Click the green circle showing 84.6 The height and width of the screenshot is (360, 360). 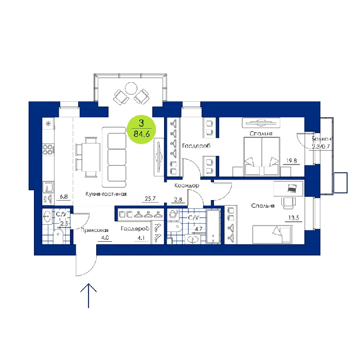[141, 130]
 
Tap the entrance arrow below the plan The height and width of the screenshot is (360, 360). [88, 296]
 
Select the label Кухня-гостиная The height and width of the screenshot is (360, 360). [106, 194]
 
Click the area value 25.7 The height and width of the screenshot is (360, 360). [150, 199]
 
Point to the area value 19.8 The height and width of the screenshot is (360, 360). [292, 160]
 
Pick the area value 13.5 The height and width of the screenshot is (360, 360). [294, 218]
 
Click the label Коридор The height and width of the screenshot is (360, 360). [187, 185]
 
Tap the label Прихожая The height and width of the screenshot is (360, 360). [94, 230]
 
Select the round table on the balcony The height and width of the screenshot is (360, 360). [131, 88]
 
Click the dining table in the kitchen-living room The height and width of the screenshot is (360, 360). [92, 157]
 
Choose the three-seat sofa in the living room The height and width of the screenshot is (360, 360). [114, 157]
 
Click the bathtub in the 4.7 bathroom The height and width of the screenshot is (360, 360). [213, 226]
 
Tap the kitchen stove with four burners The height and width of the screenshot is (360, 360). [48, 149]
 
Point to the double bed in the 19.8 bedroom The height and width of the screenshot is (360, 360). [262, 156]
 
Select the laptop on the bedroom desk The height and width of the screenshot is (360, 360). [292, 188]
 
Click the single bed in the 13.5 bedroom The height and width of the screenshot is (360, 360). [273, 235]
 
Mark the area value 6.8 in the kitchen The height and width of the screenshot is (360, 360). [64, 196]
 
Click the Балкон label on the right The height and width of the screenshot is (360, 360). [321, 139]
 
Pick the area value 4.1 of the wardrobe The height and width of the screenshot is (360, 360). [141, 238]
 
